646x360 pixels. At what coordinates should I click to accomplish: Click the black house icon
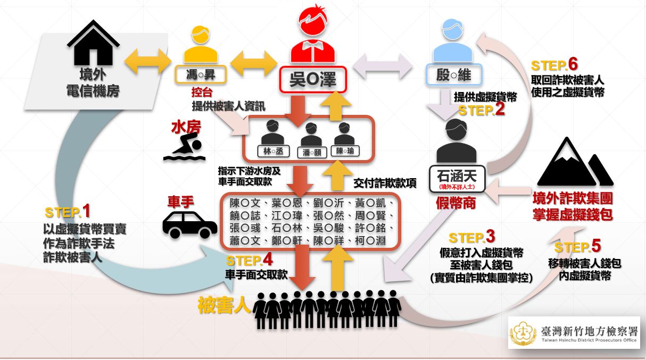(x=93, y=43)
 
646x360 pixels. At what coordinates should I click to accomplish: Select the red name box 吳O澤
(x=312, y=79)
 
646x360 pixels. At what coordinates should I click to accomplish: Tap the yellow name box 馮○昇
(x=201, y=74)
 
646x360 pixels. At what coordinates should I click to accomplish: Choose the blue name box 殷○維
(x=454, y=74)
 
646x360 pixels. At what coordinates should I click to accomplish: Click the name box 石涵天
(x=457, y=179)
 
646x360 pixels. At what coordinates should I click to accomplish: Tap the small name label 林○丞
(x=273, y=151)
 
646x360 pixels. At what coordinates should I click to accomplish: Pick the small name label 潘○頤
(x=312, y=152)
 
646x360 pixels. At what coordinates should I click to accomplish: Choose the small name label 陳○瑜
(x=345, y=150)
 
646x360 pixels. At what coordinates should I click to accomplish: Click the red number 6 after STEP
(x=573, y=64)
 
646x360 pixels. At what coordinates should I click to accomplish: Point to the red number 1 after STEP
(x=86, y=211)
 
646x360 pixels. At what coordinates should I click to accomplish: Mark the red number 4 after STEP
(x=268, y=259)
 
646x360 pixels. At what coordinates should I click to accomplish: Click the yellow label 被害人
(x=224, y=305)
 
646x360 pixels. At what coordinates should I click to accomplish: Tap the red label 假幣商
(x=455, y=203)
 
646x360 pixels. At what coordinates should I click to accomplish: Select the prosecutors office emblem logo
(x=523, y=333)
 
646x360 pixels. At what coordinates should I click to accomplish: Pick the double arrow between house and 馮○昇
(x=148, y=61)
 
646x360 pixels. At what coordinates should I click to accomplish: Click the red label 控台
(x=202, y=92)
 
